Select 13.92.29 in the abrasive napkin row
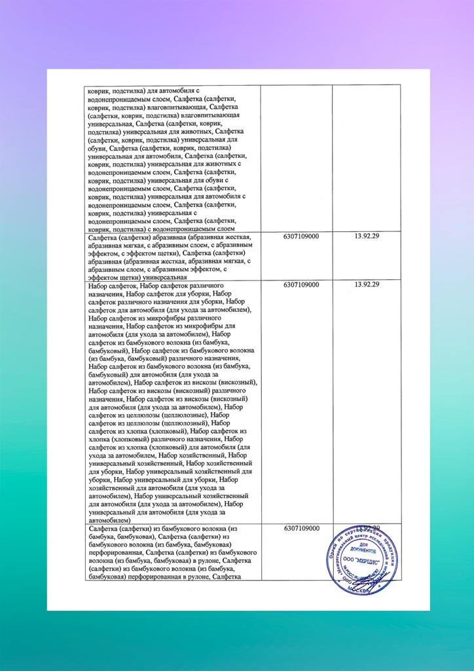point(367,237)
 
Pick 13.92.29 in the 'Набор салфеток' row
point(367,285)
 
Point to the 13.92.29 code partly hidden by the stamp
point(367,528)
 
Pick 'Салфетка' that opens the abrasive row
point(103,237)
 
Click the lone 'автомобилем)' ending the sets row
point(110,520)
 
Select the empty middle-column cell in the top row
point(296,157)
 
